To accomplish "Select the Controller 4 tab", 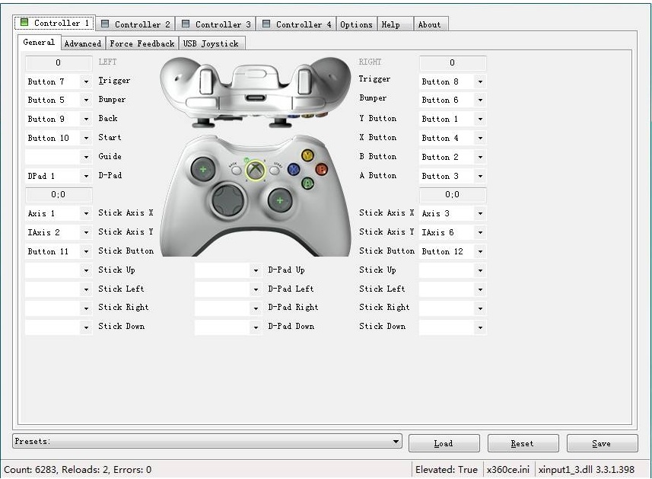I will point(297,24).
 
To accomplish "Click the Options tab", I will point(356,24).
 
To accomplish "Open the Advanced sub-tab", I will point(82,43).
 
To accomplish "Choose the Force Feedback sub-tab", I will point(142,43).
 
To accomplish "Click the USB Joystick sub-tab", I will point(210,43).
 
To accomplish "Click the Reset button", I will point(523,443).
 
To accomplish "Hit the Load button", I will point(444,443).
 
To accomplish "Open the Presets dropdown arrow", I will point(396,441).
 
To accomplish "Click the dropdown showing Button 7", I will point(58,81).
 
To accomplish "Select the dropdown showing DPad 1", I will point(58,176).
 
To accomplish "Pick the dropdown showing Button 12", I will point(452,251).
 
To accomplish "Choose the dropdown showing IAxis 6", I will point(452,232).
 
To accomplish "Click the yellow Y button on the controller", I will point(307,155).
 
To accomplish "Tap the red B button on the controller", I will point(321,169).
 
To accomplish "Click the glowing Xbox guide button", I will point(256,170).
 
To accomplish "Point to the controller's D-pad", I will point(227,201).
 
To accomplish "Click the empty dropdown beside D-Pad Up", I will point(227,270).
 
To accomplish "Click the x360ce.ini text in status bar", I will point(508,469).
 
